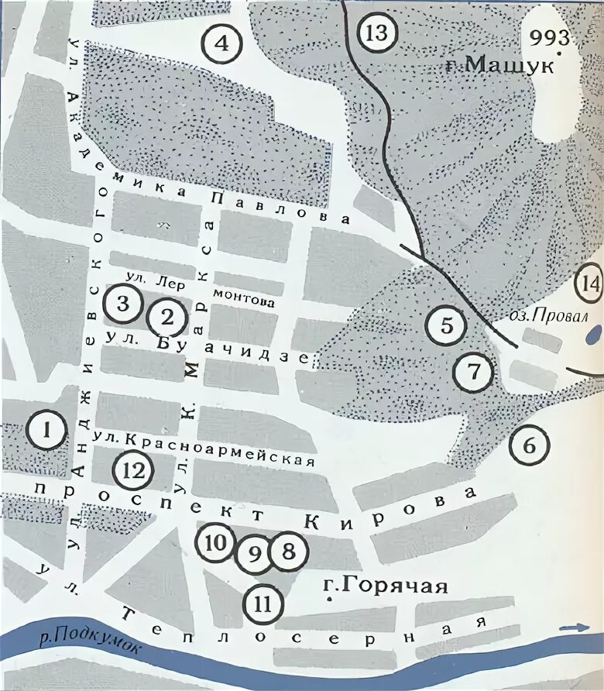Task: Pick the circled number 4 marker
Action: point(221,43)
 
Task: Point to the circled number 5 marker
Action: point(447,325)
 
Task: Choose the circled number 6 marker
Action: point(530,446)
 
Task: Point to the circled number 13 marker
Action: point(376,34)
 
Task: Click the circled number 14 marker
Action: point(590,286)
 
